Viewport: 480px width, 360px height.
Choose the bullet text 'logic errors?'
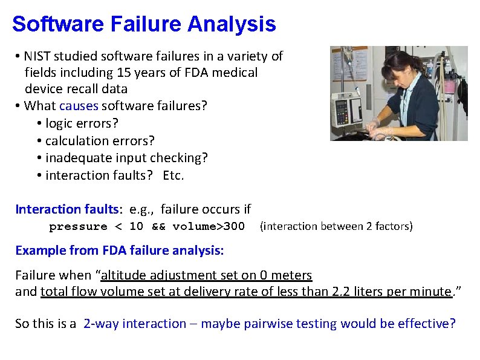[82, 123]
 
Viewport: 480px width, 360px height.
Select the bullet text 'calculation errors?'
[100, 140]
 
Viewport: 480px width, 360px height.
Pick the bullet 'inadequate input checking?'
[126, 158]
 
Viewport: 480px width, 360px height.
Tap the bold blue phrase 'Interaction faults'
[67, 209]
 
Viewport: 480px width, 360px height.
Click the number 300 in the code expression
[234, 227]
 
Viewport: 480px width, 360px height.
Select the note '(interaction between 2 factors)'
[336, 226]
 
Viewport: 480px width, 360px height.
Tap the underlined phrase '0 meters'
[286, 275]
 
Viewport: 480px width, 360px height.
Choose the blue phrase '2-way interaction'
[135, 324]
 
